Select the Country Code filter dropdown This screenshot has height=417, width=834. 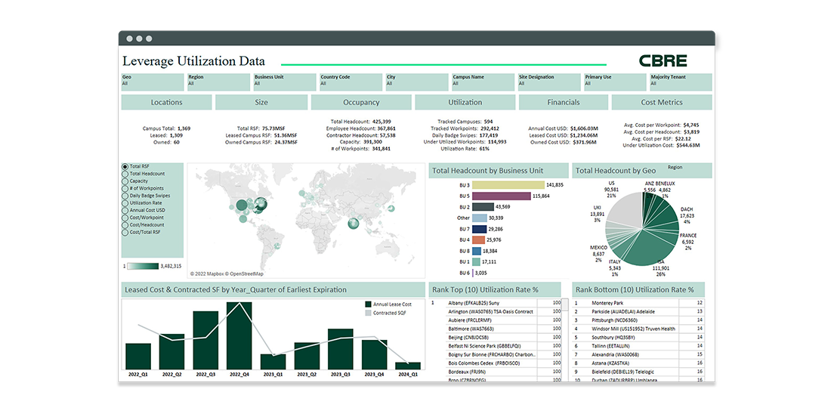(x=350, y=80)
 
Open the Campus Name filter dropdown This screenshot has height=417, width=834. (x=482, y=80)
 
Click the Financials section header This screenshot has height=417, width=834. (x=564, y=102)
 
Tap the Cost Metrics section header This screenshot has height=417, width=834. (x=661, y=102)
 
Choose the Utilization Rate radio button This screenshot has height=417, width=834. (x=125, y=203)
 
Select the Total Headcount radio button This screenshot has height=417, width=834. (x=125, y=174)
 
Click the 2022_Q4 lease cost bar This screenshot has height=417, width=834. (x=239, y=335)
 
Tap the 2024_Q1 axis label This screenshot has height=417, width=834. (x=409, y=374)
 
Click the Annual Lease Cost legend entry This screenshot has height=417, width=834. (x=392, y=304)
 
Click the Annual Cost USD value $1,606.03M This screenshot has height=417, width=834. (x=584, y=128)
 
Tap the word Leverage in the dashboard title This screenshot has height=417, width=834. (x=147, y=61)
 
